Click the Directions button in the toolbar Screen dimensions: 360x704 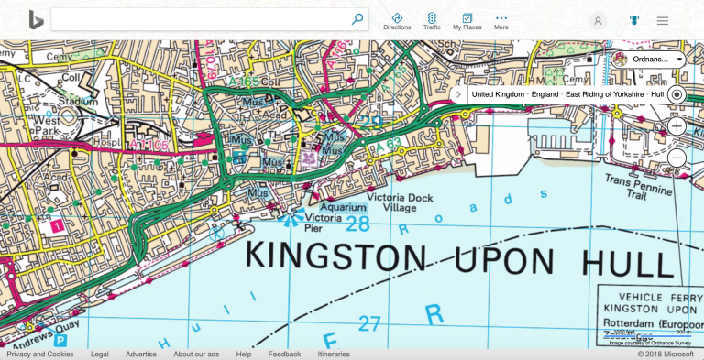(x=397, y=21)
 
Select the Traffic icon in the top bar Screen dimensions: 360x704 (x=432, y=21)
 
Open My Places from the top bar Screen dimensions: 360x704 (x=467, y=21)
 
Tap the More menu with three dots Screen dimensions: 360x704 (x=500, y=21)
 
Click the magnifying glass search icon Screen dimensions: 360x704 (x=357, y=19)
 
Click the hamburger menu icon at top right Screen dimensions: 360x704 (x=662, y=20)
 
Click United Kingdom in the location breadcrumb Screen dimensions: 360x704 (x=498, y=94)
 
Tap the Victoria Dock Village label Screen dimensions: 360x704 (x=391, y=202)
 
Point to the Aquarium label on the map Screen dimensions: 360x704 (x=336, y=208)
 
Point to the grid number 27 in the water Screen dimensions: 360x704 (x=368, y=322)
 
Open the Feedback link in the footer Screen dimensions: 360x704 (x=284, y=354)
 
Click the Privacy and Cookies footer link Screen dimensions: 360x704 (x=40, y=354)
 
